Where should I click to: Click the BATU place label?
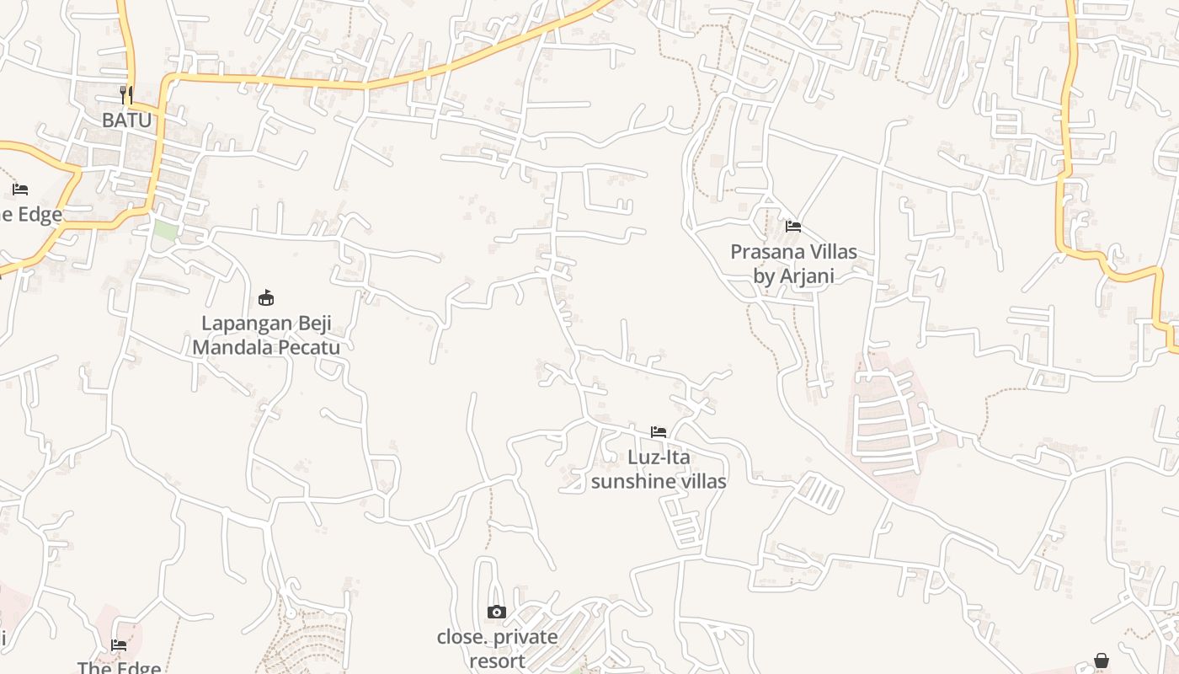tap(127, 120)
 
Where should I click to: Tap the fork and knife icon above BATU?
tap(126, 94)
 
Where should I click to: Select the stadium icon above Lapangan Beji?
tap(266, 297)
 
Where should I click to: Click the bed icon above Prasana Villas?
tap(793, 226)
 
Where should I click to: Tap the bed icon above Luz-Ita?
tap(659, 432)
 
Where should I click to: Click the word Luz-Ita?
tap(659, 457)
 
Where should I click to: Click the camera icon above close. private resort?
tap(497, 612)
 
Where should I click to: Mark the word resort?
tap(497, 661)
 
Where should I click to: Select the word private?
tap(526, 637)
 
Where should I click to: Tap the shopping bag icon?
tap(1102, 661)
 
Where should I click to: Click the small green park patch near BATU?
tap(165, 229)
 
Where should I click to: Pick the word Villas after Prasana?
tap(830, 252)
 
